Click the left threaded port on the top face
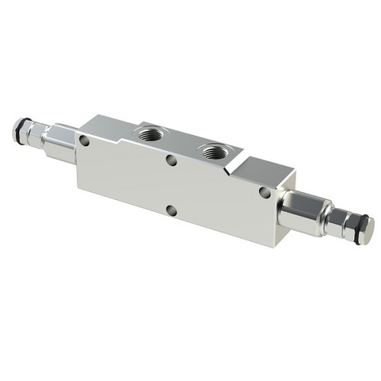tap(147, 134)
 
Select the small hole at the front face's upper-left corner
tap(84, 140)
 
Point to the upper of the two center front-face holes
tap(172, 161)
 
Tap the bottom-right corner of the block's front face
tap(273, 245)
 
